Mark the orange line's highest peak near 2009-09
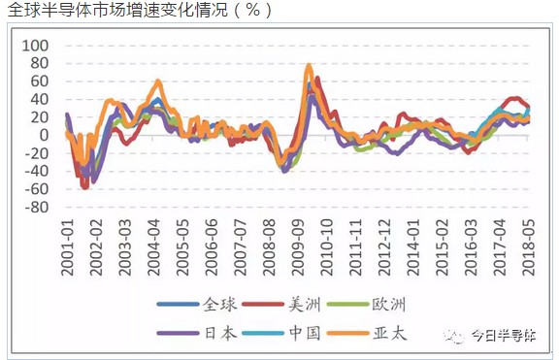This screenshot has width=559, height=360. coord(309,66)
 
